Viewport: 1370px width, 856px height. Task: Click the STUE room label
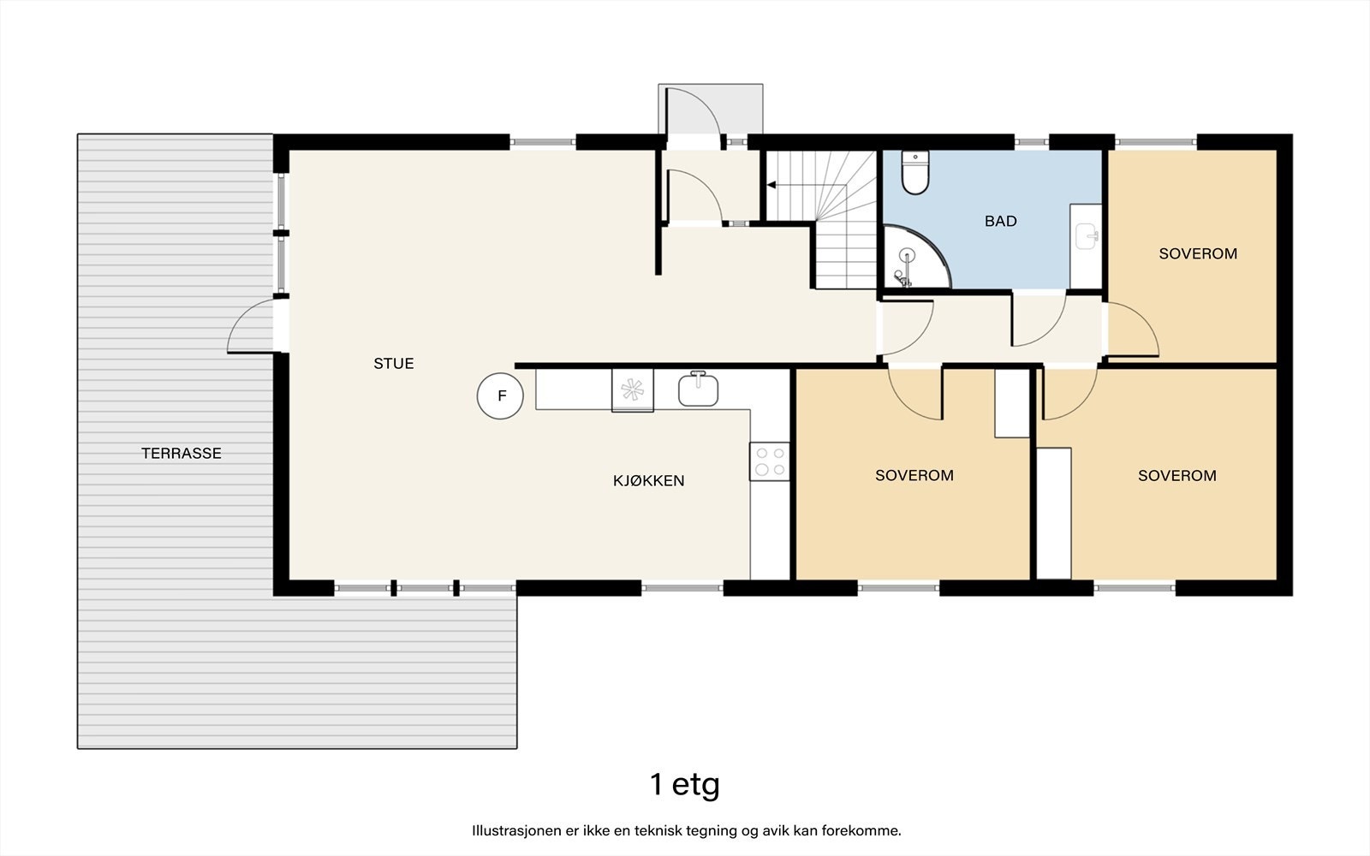394,364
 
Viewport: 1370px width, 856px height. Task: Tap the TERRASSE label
181,453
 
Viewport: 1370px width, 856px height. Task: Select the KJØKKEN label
648,480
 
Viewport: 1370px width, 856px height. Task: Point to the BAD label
1001,222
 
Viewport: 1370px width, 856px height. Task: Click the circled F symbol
500,395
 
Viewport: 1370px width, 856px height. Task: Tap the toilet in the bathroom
915,172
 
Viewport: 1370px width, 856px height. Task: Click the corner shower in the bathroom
915,257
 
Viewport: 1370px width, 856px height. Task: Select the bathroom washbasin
1087,236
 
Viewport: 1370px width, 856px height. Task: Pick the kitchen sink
698,389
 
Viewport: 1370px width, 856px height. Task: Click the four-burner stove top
770,461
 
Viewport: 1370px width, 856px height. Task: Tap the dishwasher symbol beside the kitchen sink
633,390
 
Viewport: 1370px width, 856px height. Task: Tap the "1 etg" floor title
685,784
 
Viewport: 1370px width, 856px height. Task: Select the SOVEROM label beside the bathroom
1198,253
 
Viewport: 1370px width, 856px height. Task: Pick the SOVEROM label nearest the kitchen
914,476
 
